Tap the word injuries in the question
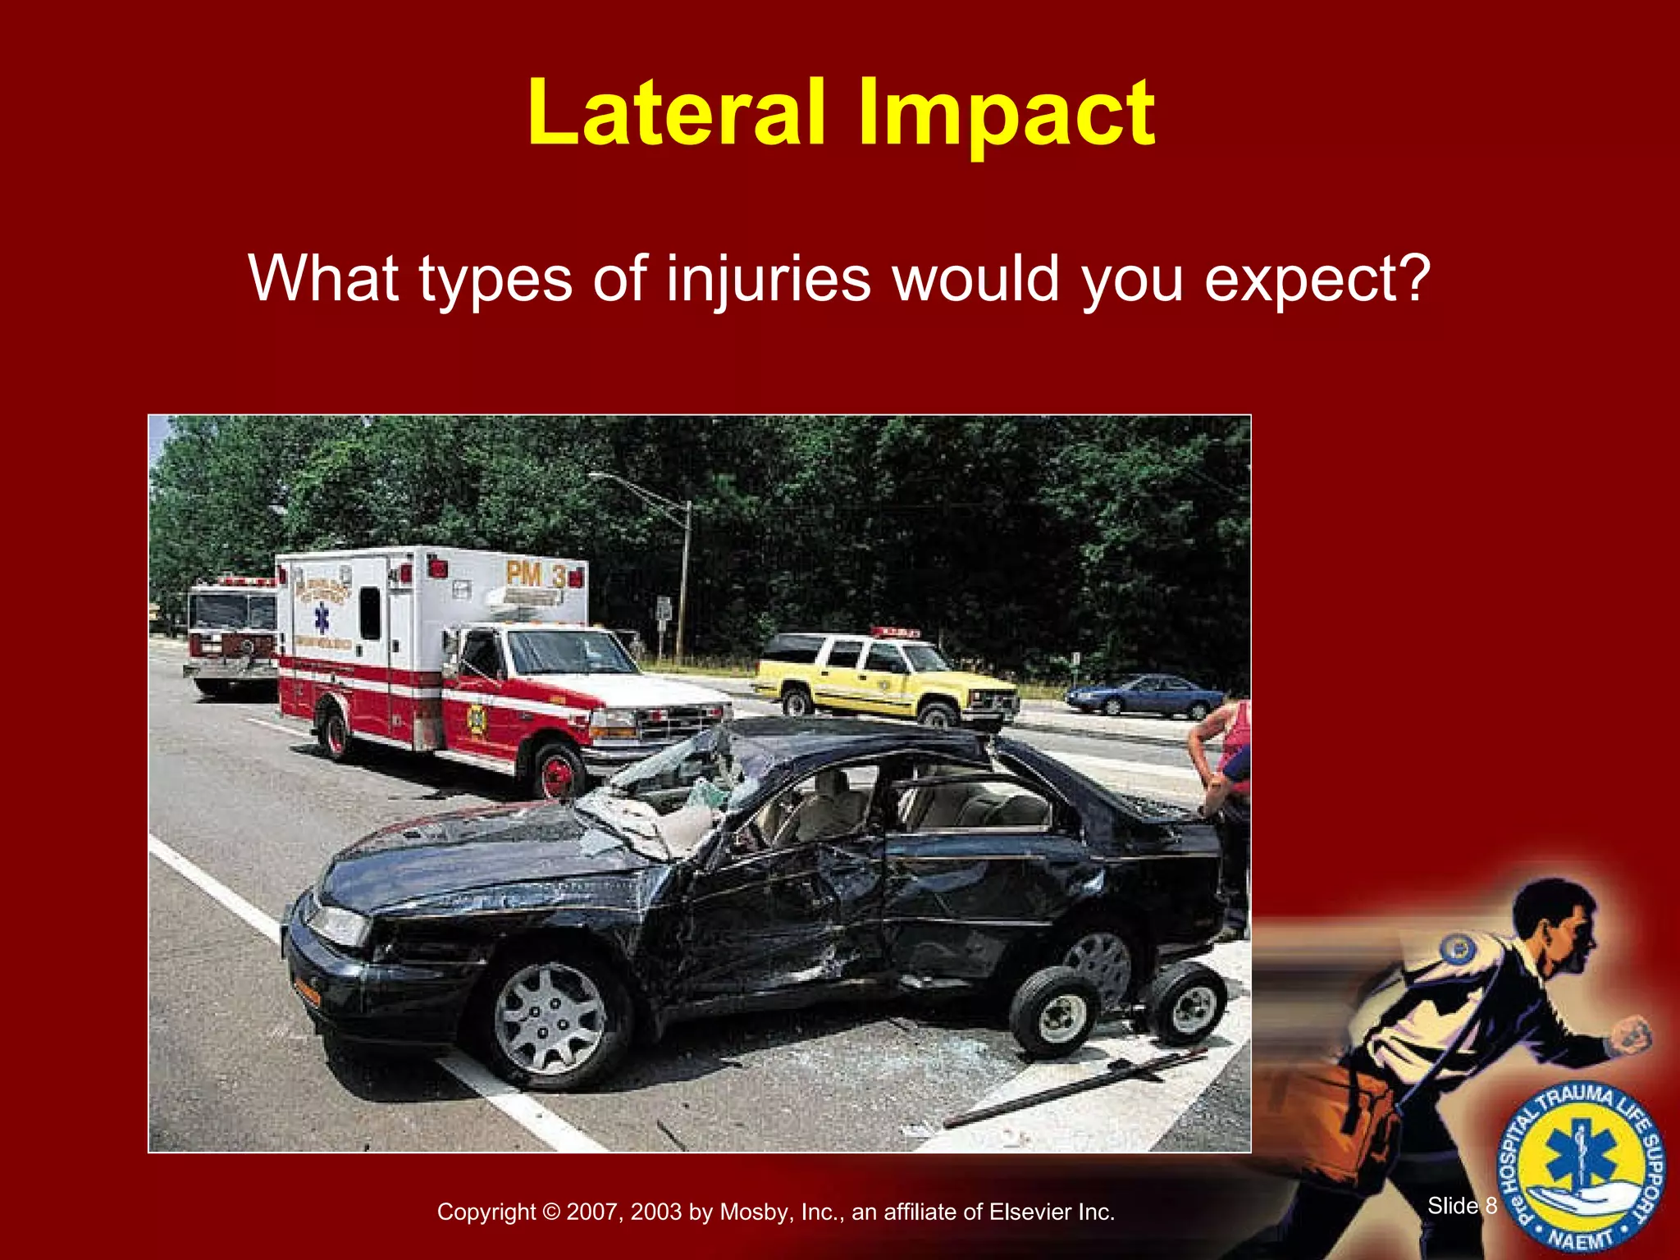[768, 280]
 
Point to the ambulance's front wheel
[558, 772]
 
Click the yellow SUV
[886, 678]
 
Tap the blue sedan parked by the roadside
[1145, 696]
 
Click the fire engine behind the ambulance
[230, 636]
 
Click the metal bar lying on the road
[1075, 1088]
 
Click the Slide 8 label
[1462, 1205]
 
